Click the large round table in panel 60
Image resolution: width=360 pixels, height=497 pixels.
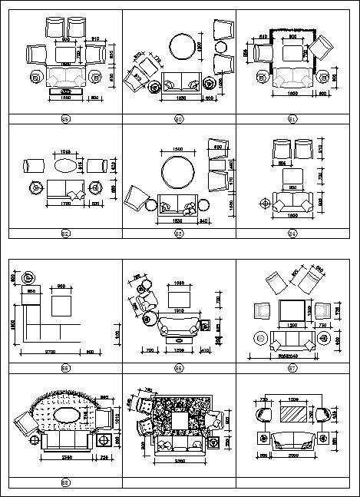(183, 45)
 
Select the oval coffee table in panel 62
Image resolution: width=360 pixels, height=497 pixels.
(66, 165)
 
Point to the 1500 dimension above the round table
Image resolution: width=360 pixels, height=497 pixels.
(178, 148)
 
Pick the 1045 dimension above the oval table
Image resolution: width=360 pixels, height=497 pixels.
(66, 151)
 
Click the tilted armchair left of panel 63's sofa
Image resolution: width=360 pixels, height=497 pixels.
(139, 198)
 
